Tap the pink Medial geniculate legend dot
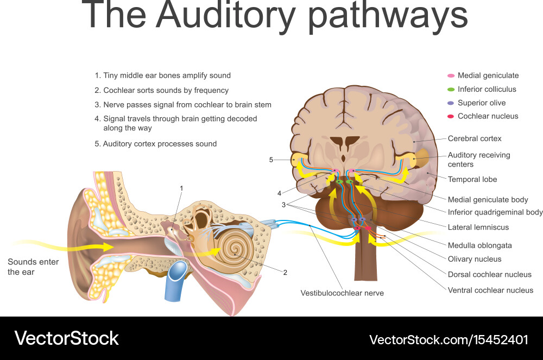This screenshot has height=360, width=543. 451,76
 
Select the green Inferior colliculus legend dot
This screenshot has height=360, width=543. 451,90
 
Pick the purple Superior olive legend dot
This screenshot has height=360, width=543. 451,103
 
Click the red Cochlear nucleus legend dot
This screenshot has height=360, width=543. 451,116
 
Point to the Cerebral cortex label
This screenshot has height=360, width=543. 475,138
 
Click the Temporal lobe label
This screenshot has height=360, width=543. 472,179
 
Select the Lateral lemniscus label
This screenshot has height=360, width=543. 478,227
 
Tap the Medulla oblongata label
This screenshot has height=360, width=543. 479,245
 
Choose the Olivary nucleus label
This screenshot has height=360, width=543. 474,259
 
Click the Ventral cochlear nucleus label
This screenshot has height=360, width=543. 490,290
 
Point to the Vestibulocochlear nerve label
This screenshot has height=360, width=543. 342,293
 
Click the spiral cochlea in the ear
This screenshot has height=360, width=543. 235,250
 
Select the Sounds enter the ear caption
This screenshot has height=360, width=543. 33,267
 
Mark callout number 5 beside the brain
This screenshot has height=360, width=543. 271,160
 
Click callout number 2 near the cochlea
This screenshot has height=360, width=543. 285,273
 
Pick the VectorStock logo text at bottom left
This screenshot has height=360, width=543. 66,338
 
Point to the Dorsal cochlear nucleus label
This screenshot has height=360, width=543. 489,275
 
